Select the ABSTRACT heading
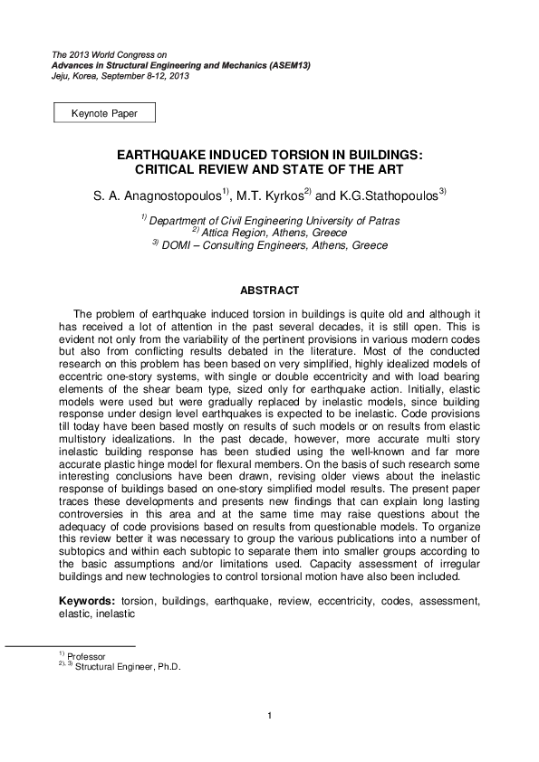269,291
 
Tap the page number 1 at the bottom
270,718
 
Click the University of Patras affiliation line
271,220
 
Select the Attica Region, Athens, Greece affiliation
270,233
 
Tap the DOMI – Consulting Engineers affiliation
270,245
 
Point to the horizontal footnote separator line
70,646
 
